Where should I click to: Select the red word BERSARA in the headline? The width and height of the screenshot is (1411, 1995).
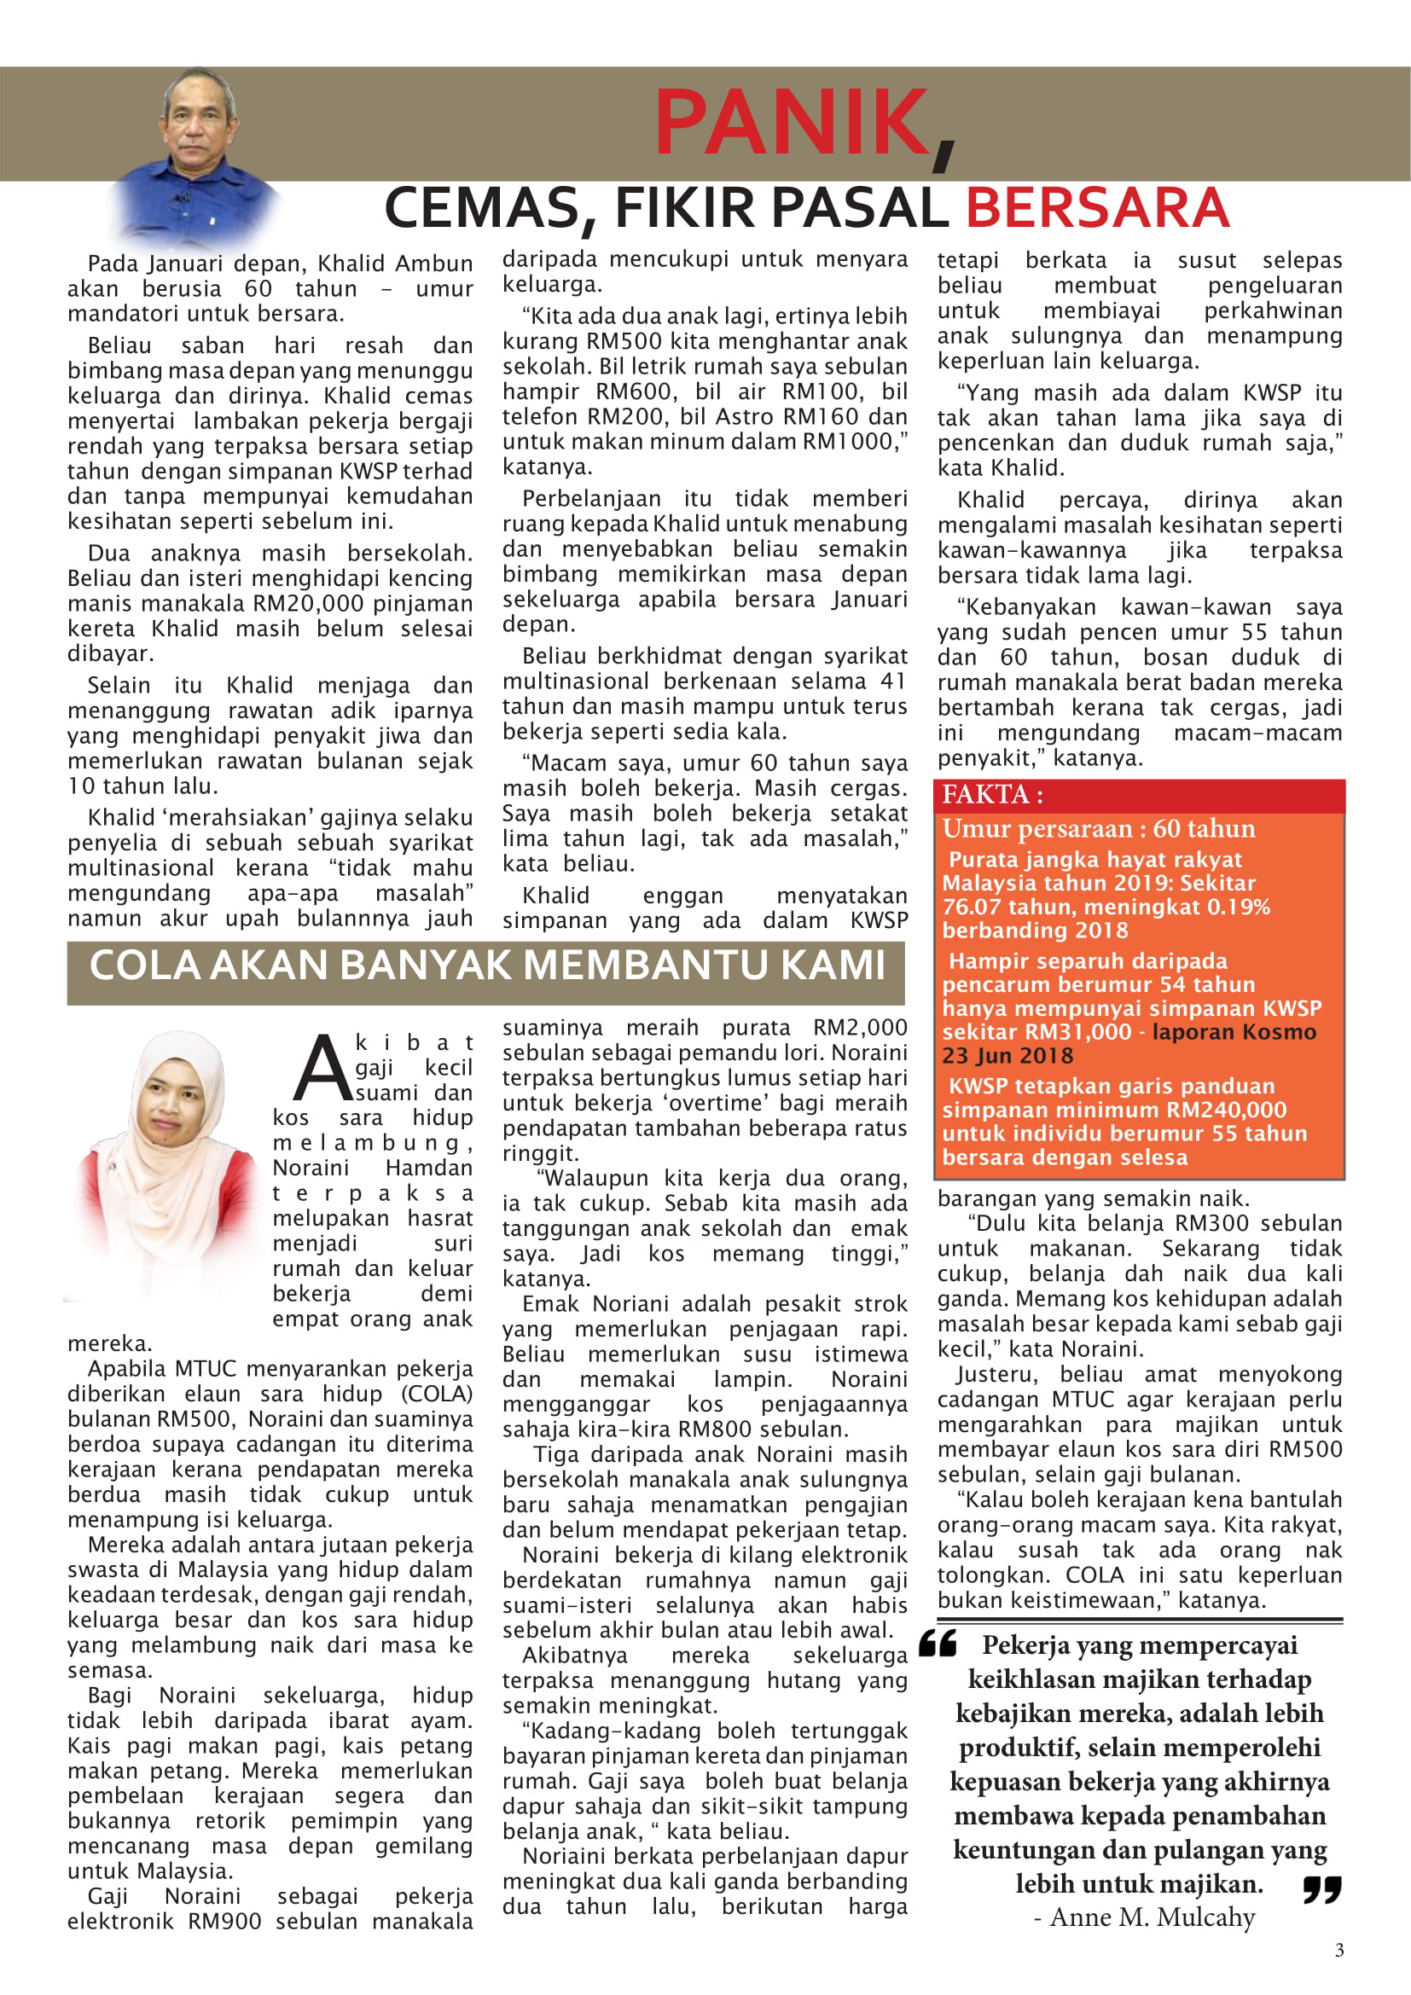coord(1096,208)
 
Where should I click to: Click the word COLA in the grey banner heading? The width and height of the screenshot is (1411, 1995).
coord(144,966)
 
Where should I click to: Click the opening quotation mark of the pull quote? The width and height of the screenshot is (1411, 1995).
coord(938,1643)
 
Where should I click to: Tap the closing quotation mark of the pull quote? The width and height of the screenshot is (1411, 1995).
coord(1321,1889)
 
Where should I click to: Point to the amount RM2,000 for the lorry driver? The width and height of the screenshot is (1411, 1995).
coord(860,1027)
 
